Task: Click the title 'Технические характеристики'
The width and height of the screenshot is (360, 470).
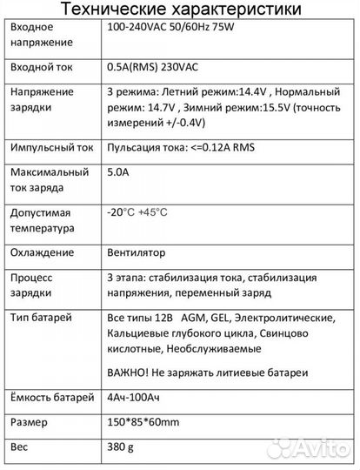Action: point(180,10)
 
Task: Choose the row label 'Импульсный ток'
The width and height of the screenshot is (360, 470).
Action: point(49,149)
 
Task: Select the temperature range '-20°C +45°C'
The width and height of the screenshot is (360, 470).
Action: point(137,212)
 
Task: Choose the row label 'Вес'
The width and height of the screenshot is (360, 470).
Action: point(20,449)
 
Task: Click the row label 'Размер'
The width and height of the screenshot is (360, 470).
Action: point(29,424)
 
